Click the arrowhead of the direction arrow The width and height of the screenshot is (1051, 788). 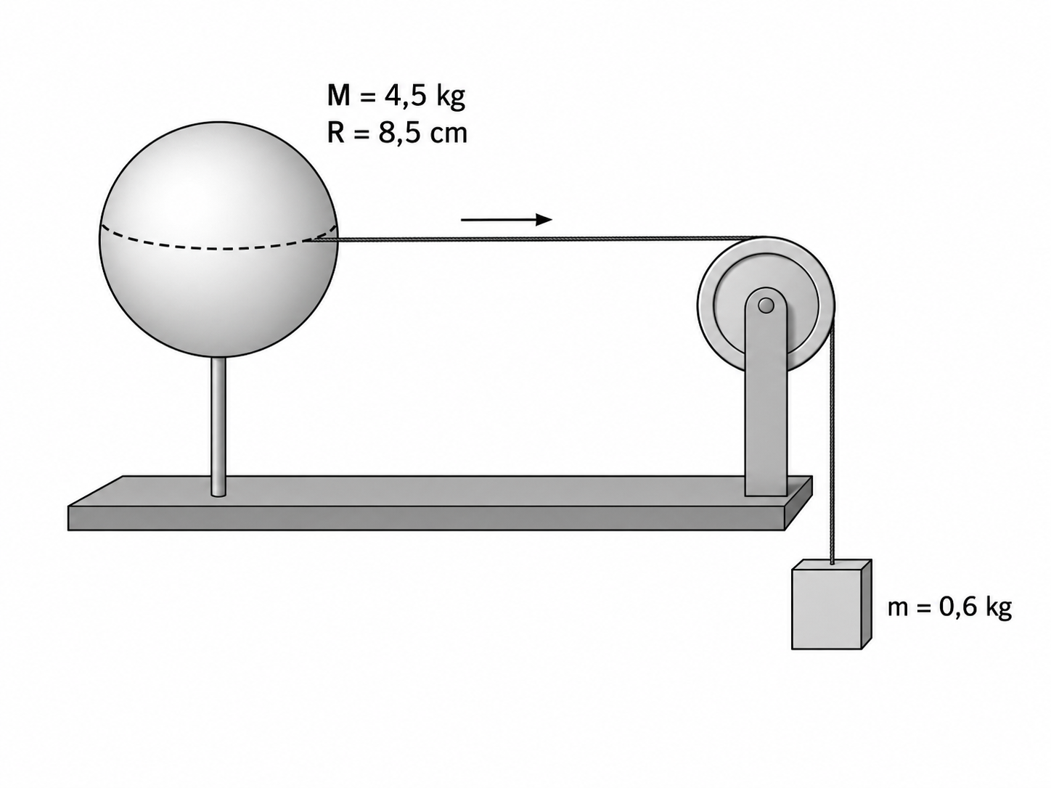[544, 220]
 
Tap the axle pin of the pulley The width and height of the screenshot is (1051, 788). [766, 305]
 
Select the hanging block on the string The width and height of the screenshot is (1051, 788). [831, 604]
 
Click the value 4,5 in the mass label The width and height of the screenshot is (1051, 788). [404, 97]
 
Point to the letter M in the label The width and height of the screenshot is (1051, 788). [338, 96]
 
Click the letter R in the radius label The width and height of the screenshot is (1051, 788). [335, 133]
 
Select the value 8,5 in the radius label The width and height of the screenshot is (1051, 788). [399, 134]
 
